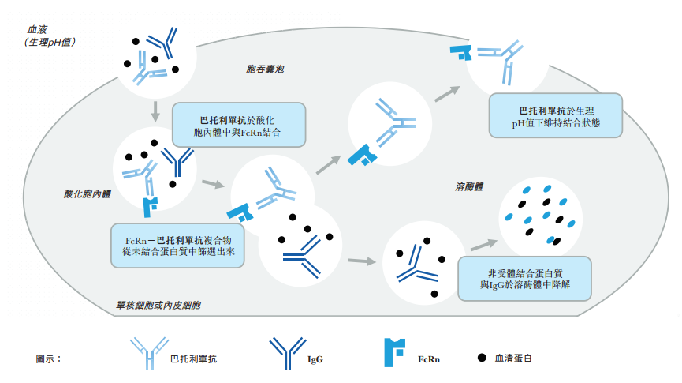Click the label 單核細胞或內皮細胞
(158, 304)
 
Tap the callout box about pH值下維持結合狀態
(555, 117)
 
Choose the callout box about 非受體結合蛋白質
(524, 277)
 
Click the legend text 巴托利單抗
(193, 359)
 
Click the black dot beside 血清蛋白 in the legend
(481, 358)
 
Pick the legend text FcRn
(429, 359)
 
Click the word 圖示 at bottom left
(48, 359)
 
